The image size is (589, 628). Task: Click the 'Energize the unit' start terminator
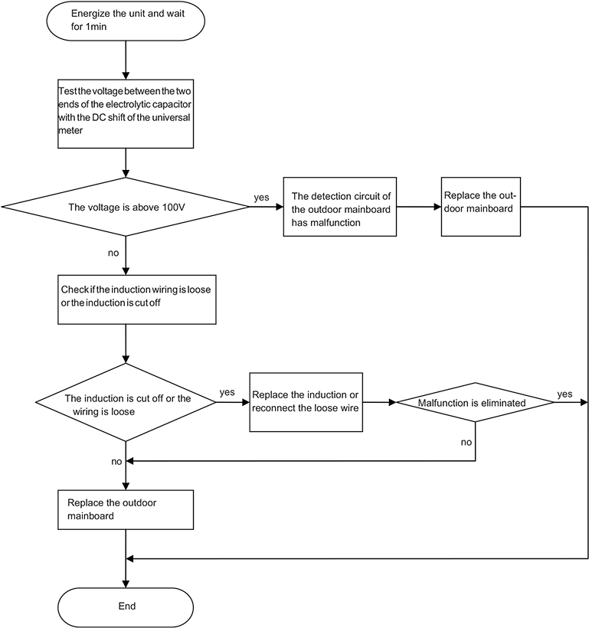[126, 21]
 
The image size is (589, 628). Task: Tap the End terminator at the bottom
[126, 607]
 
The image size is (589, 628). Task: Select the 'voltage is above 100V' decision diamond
[126, 207]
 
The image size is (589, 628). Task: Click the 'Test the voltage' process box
[126, 114]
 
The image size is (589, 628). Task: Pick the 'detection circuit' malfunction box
[340, 207]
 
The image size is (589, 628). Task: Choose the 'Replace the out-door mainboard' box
[481, 207]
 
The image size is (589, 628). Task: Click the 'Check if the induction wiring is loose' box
[137, 299]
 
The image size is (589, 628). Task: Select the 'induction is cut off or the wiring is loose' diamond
[126, 402]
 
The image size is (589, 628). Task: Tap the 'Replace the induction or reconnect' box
[306, 402]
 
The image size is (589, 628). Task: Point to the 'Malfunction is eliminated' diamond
[475, 402]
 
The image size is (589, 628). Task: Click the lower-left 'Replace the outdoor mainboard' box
[126, 510]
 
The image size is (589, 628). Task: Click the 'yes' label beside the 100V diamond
[261, 198]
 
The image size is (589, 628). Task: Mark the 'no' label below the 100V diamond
[113, 253]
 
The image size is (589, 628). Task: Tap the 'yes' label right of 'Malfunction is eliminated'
[564, 394]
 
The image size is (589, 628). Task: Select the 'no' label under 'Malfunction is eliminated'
[466, 442]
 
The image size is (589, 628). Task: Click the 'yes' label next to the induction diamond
[227, 392]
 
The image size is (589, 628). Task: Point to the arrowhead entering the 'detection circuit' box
[280, 207]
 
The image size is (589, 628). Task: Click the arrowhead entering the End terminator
[126, 584]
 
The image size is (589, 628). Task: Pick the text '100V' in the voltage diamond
[174, 207]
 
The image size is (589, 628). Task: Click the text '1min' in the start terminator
[96, 27]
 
